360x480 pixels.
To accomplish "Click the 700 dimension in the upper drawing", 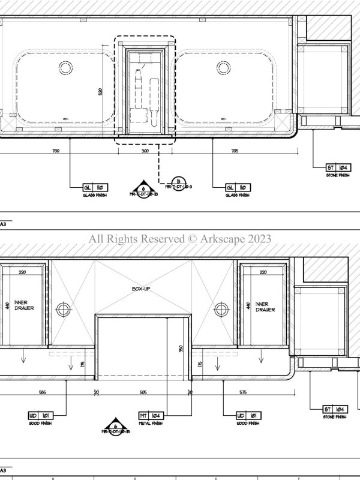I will click(x=56, y=152).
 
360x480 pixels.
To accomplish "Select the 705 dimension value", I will click(x=234, y=152).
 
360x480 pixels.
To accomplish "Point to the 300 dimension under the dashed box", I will click(x=145, y=152).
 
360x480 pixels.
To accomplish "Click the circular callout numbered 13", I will click(x=176, y=182).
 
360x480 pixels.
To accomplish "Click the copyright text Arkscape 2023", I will click(x=180, y=239).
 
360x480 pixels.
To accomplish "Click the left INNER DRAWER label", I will click(x=25, y=305).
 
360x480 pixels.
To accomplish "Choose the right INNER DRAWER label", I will click(x=265, y=307).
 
